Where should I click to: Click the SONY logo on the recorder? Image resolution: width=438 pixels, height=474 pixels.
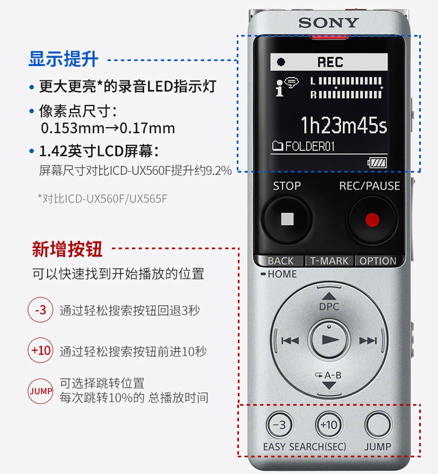click(x=329, y=23)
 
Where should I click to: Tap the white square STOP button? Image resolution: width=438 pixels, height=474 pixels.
click(x=287, y=219)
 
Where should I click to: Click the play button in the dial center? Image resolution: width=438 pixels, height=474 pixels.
click(x=329, y=340)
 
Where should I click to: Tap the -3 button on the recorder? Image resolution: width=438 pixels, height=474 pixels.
click(x=280, y=425)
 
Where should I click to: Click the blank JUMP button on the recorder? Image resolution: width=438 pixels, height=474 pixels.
click(x=378, y=425)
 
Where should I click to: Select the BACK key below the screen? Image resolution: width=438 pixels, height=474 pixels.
click(x=280, y=260)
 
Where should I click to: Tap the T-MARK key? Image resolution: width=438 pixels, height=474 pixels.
click(x=329, y=260)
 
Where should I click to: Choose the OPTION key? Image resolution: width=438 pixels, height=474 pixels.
click(x=378, y=260)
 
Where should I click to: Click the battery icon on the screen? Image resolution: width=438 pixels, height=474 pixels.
click(x=377, y=163)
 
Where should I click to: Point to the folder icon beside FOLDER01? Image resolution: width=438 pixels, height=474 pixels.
click(x=278, y=146)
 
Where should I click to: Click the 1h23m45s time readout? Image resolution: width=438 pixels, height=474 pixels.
click(x=344, y=125)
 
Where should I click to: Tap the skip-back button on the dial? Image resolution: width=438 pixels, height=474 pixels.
click(x=290, y=341)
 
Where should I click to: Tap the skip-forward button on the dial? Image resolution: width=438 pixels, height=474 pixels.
click(x=368, y=341)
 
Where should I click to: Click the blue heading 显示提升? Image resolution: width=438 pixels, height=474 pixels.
click(x=63, y=59)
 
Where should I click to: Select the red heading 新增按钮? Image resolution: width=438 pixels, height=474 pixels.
click(x=67, y=249)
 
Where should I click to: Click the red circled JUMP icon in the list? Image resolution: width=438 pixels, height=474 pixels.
click(x=40, y=391)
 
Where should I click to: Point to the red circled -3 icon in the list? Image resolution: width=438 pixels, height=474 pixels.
click(x=40, y=310)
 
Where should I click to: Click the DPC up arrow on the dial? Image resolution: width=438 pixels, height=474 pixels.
click(x=329, y=296)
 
